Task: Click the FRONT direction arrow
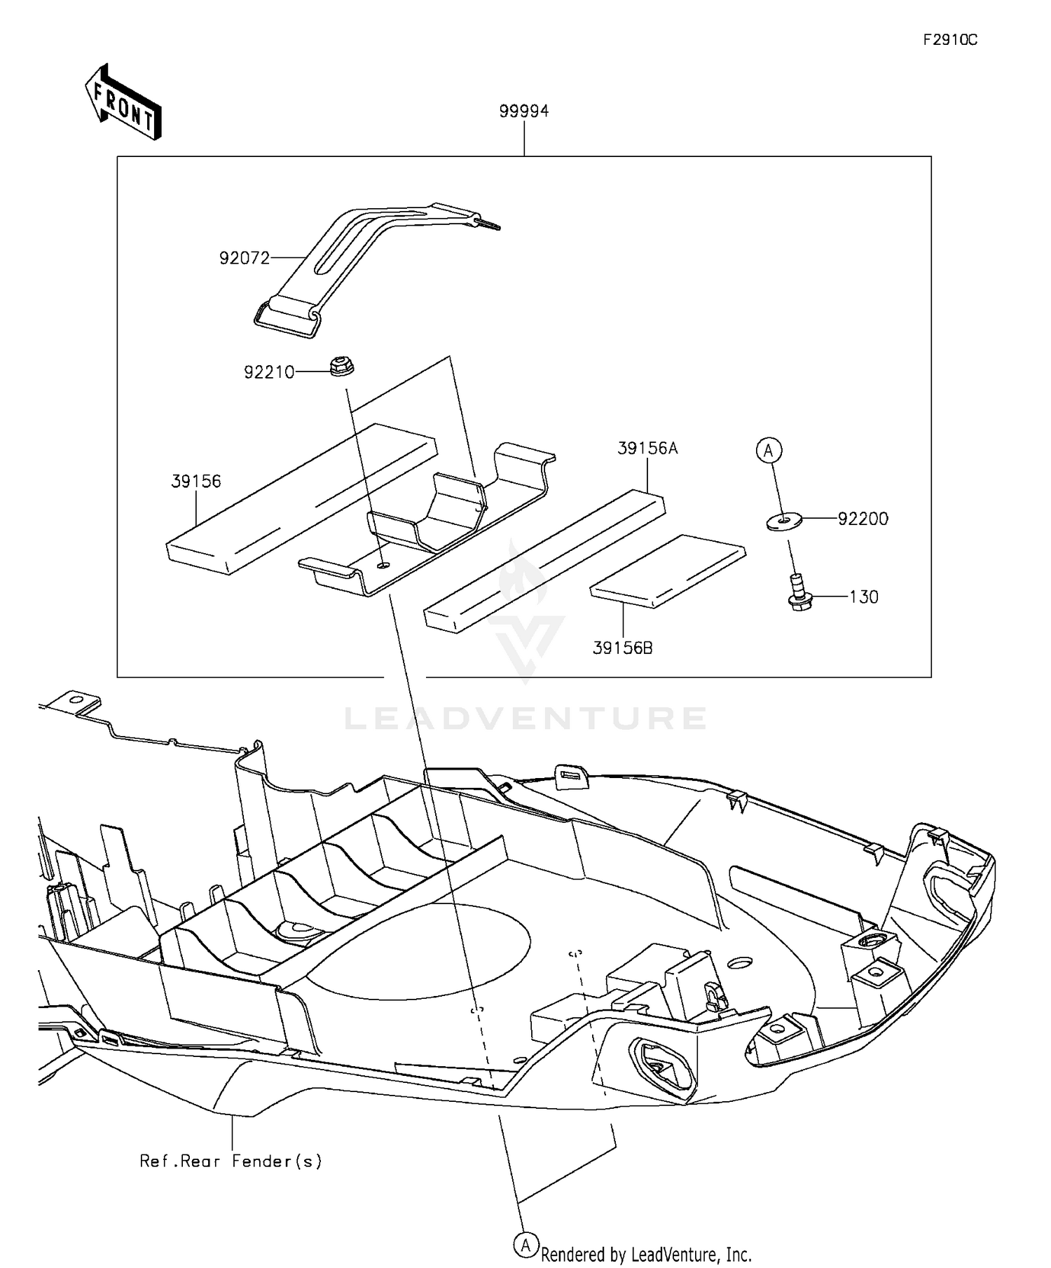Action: (x=123, y=103)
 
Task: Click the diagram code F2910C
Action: (x=949, y=40)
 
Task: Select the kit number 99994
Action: (x=523, y=111)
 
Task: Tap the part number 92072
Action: (x=245, y=258)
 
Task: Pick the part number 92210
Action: (x=269, y=372)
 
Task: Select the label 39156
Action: (x=195, y=482)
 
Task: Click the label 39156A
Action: (x=647, y=449)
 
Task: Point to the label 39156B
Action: (x=622, y=648)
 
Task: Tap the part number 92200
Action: (x=863, y=519)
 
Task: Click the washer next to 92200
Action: (x=783, y=521)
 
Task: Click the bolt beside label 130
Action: (x=798, y=592)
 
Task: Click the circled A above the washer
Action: (x=769, y=451)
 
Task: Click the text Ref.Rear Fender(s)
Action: (x=231, y=1161)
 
